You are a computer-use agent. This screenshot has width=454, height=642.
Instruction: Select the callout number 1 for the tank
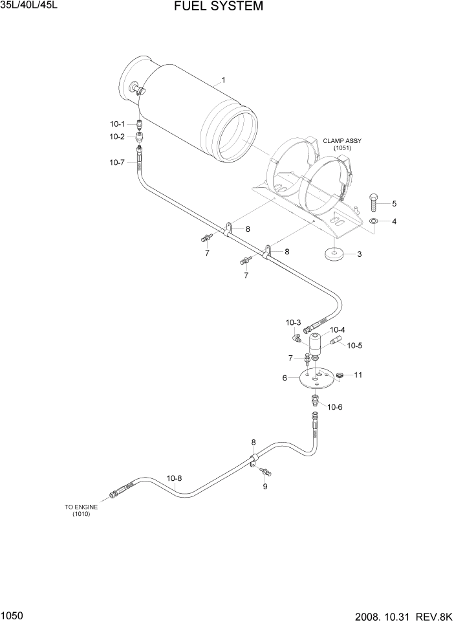(x=223, y=80)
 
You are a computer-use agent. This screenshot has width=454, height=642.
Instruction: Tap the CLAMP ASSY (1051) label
(x=342, y=144)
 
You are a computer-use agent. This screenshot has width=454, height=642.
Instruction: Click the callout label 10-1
(x=116, y=123)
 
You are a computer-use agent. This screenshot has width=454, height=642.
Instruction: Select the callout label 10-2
(x=116, y=137)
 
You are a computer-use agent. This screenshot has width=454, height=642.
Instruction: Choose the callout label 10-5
(x=354, y=346)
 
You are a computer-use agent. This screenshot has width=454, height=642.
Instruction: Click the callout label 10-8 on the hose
(x=174, y=478)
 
